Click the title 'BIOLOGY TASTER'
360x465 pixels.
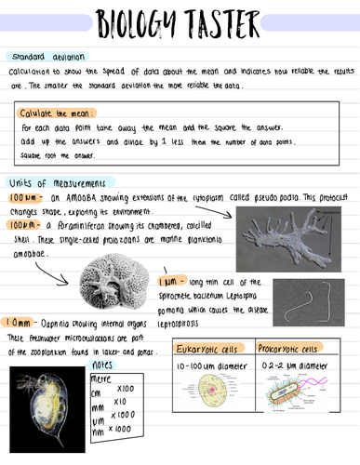[x=179, y=20]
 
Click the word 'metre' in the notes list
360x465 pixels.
[x=101, y=379]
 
